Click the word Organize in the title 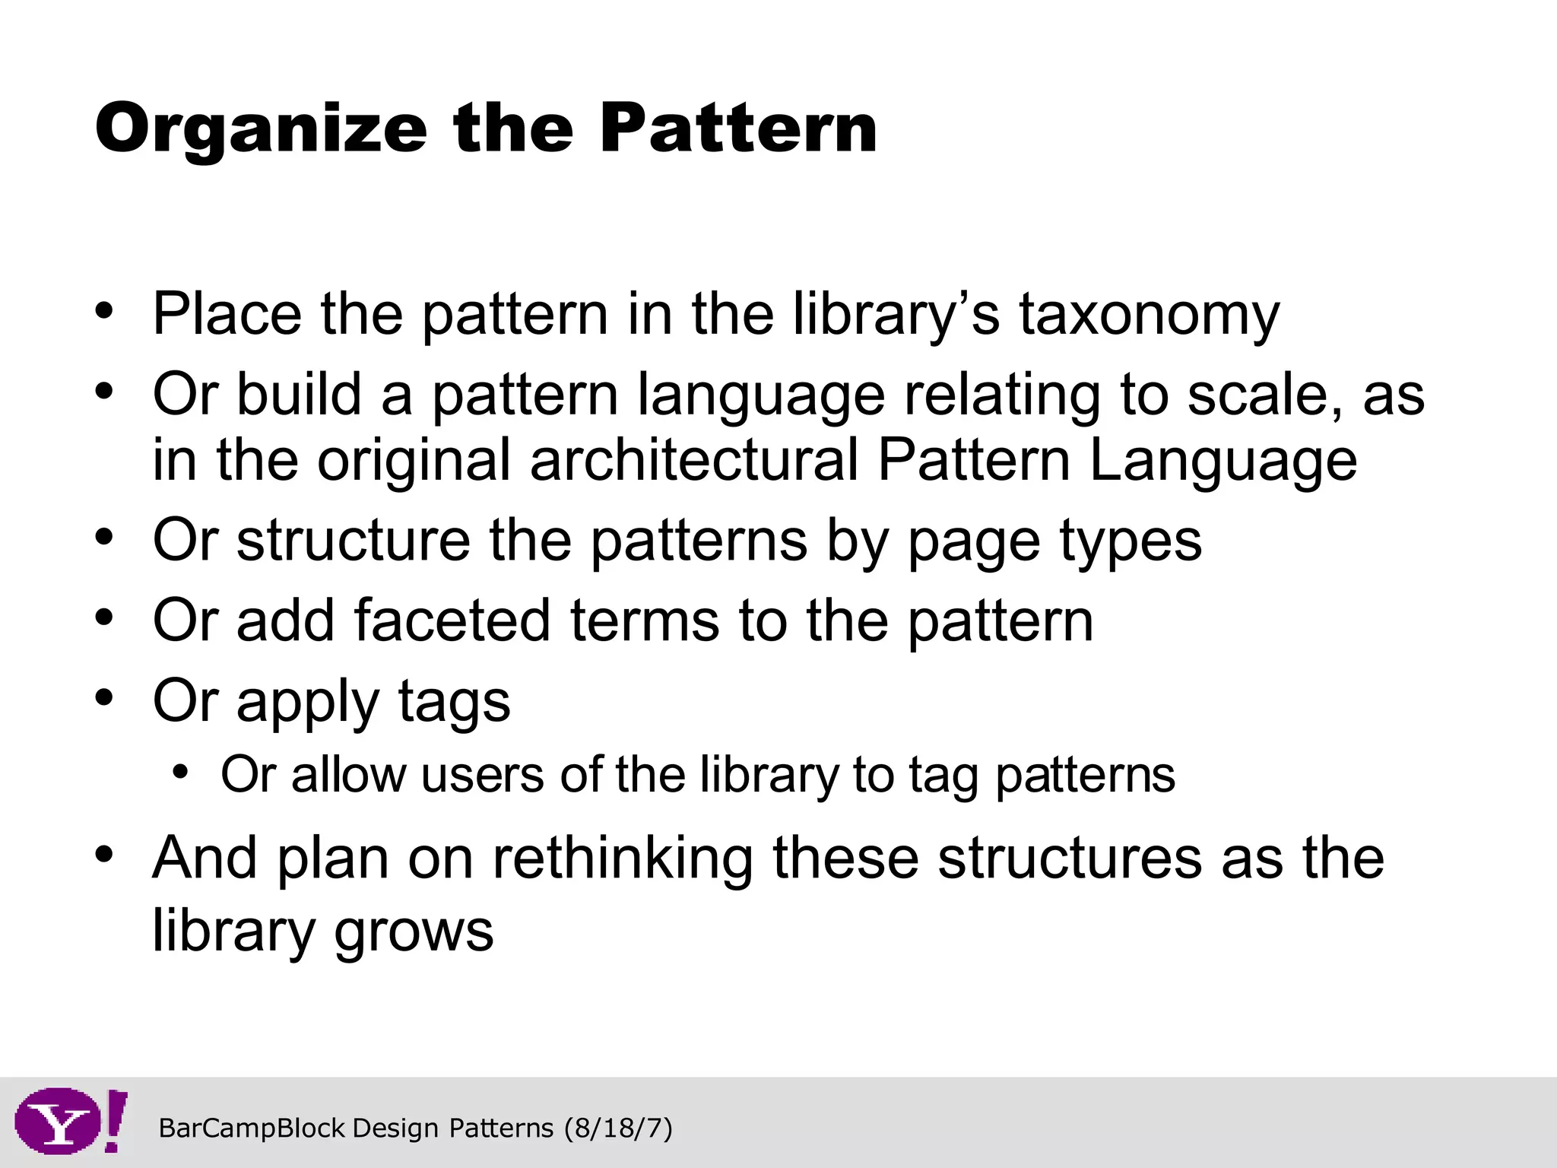click(x=261, y=129)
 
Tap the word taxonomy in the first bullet click(x=1150, y=315)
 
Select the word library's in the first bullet click(x=897, y=315)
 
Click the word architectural click(x=693, y=461)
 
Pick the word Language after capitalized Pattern click(x=1222, y=461)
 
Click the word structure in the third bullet click(x=353, y=541)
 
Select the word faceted click(x=452, y=620)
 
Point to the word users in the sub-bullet click(x=482, y=775)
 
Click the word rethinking click(x=622, y=859)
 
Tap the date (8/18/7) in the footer click(x=618, y=1128)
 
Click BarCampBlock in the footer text click(x=252, y=1128)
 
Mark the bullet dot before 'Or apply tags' click(x=104, y=697)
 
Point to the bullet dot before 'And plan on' click(x=104, y=853)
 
